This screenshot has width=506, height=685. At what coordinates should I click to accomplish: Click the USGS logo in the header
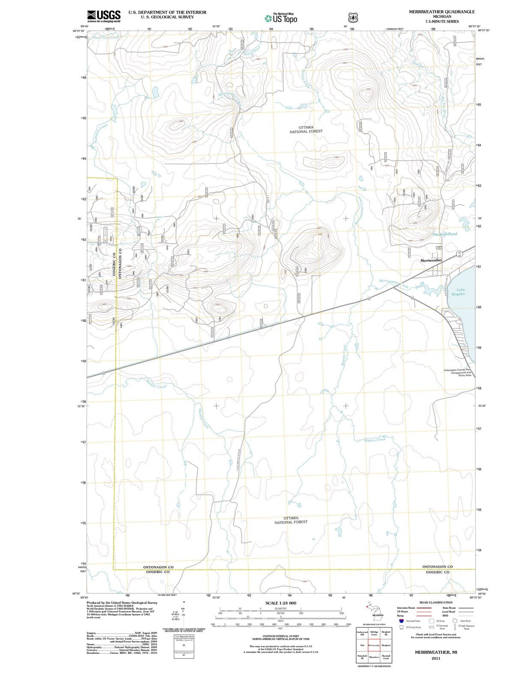(x=104, y=16)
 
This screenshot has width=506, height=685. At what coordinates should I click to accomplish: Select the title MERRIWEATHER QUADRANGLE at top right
(x=442, y=12)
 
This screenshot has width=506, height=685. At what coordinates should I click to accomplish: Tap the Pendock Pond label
(x=445, y=234)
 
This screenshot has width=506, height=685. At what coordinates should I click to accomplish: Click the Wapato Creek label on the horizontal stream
(x=375, y=439)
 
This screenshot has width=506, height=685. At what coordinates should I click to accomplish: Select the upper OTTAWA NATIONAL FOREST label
(x=306, y=129)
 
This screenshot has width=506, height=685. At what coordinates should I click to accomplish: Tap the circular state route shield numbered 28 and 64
(x=459, y=254)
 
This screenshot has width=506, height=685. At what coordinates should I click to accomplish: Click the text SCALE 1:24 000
(x=281, y=603)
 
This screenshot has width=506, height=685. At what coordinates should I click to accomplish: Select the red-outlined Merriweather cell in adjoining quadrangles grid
(x=374, y=645)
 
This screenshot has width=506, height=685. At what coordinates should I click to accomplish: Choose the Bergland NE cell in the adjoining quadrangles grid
(x=386, y=633)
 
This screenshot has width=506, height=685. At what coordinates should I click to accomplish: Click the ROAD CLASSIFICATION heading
(x=436, y=602)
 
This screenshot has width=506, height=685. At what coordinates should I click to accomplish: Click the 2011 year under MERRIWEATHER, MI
(x=436, y=658)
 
